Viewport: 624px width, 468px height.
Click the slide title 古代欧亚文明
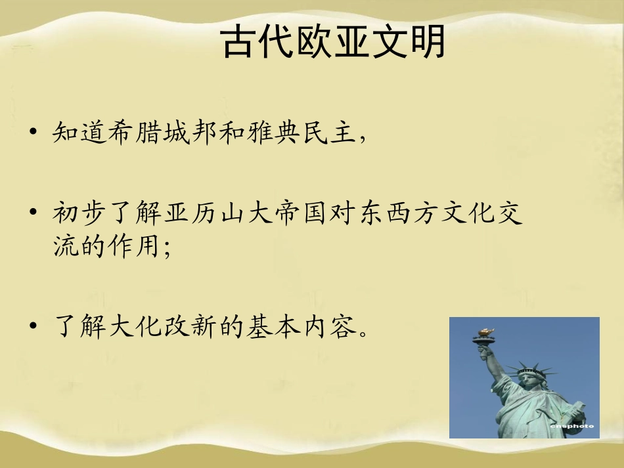click(334, 43)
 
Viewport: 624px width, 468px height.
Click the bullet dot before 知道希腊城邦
click(33, 135)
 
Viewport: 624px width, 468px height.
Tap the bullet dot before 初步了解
click(33, 215)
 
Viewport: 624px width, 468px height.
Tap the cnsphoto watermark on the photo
click(573, 426)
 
